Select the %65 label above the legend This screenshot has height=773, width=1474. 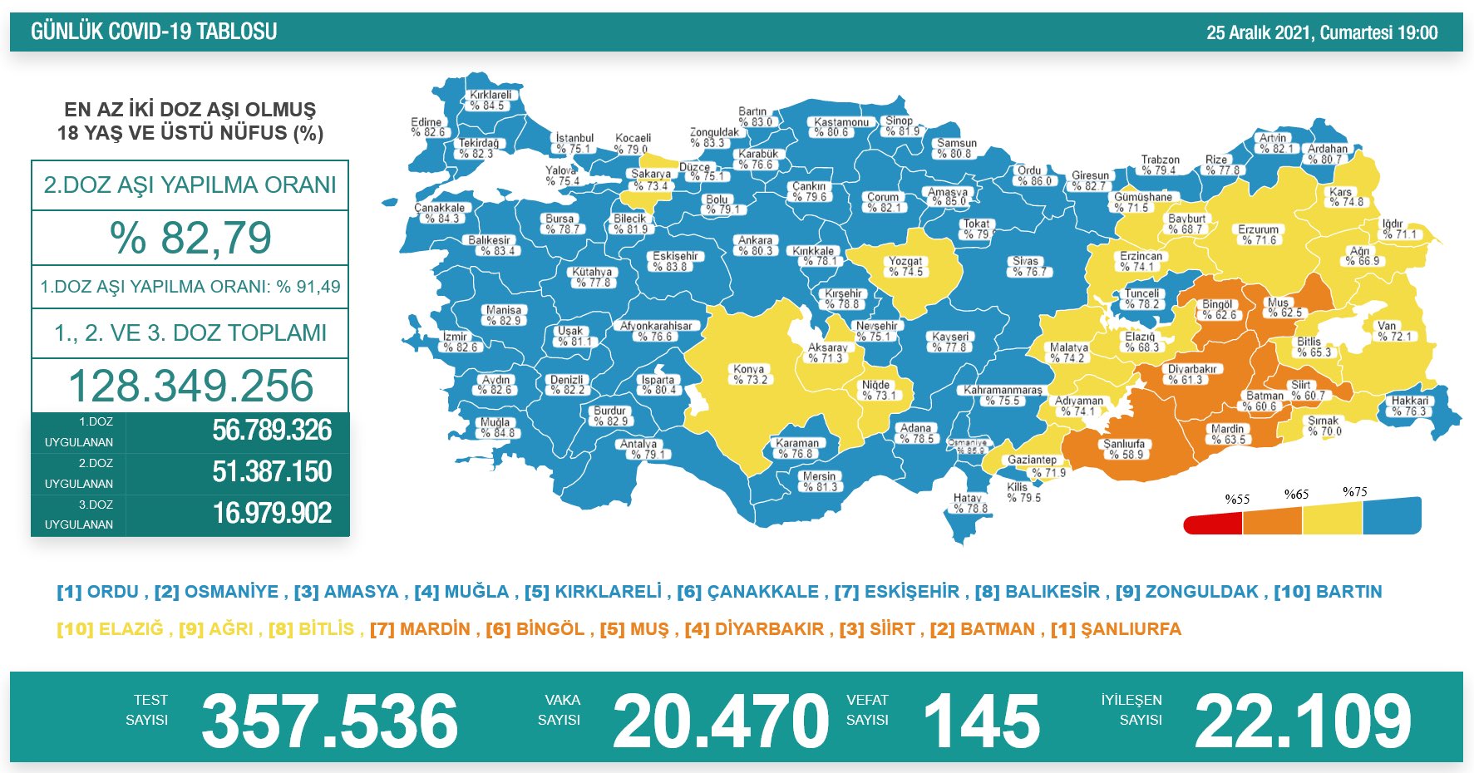[1296, 495]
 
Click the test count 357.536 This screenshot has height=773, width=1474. [329, 721]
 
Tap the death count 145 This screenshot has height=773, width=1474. [981, 721]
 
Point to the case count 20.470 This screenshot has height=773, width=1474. [720, 721]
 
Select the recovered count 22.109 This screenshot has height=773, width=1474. [1302, 721]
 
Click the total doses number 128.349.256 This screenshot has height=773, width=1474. [190, 386]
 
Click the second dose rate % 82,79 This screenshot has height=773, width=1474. [190, 238]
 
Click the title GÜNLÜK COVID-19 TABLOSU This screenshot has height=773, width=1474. [154, 32]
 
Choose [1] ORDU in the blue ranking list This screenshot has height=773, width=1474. [97, 592]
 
